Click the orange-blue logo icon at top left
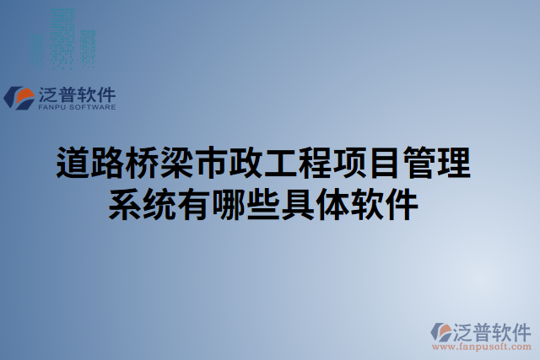19,98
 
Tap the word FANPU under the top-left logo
51,108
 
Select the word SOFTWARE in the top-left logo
91,108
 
